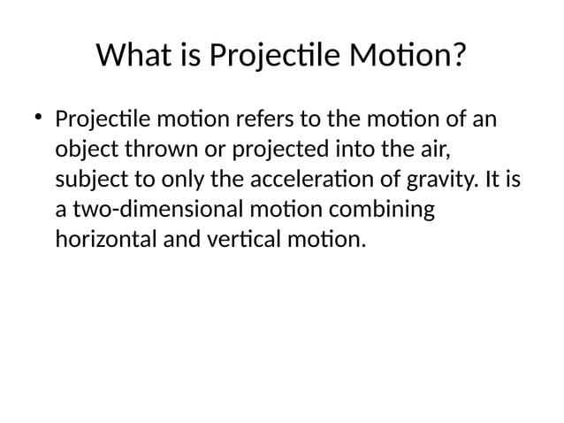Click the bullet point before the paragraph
point(39,118)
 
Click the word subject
point(90,179)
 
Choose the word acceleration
point(306,178)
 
